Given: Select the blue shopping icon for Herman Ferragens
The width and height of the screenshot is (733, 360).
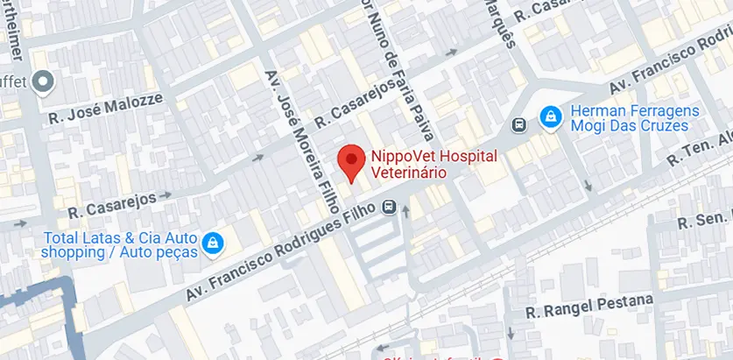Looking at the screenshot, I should (550, 115).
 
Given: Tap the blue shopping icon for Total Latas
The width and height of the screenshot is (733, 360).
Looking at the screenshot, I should (211, 243).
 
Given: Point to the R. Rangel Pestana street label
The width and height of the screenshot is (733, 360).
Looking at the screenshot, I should (589, 307).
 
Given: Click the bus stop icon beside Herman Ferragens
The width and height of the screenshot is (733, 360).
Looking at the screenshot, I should (519, 124).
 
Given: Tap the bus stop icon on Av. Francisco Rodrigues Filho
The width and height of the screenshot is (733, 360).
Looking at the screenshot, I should (388, 207).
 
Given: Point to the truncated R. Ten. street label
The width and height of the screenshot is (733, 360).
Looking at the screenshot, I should (699, 148).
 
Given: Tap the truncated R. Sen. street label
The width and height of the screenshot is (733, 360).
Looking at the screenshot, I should (706, 220).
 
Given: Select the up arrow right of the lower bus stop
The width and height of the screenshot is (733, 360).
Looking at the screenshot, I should (406, 210).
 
